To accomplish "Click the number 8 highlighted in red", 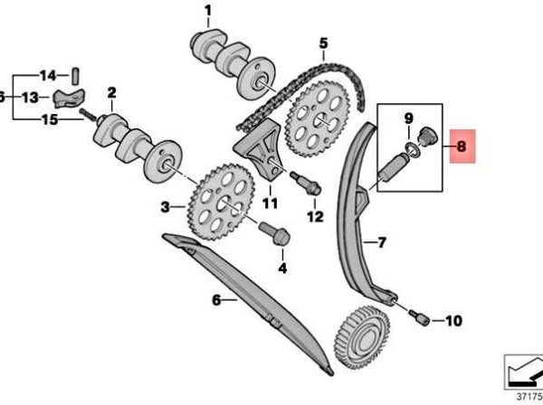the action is coord(462,146).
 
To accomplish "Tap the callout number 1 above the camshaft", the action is coord(208,12).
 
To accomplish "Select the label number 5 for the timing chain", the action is coord(323,43).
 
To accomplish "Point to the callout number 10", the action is coord(453,321).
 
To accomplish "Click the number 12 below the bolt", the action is coord(315,216).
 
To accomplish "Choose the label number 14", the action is coord(48,75).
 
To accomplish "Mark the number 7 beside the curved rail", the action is coord(381,242).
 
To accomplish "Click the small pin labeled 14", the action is coord(76,76).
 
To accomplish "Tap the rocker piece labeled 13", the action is coord(69,98).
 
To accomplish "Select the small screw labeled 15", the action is coord(89,115).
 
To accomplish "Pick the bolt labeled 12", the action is coord(306,184).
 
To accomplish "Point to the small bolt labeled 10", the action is coord(419,317).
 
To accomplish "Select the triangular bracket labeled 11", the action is coord(259,150).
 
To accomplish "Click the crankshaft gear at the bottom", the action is coord(362,333).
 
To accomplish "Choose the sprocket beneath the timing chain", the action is coord(318,119).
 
